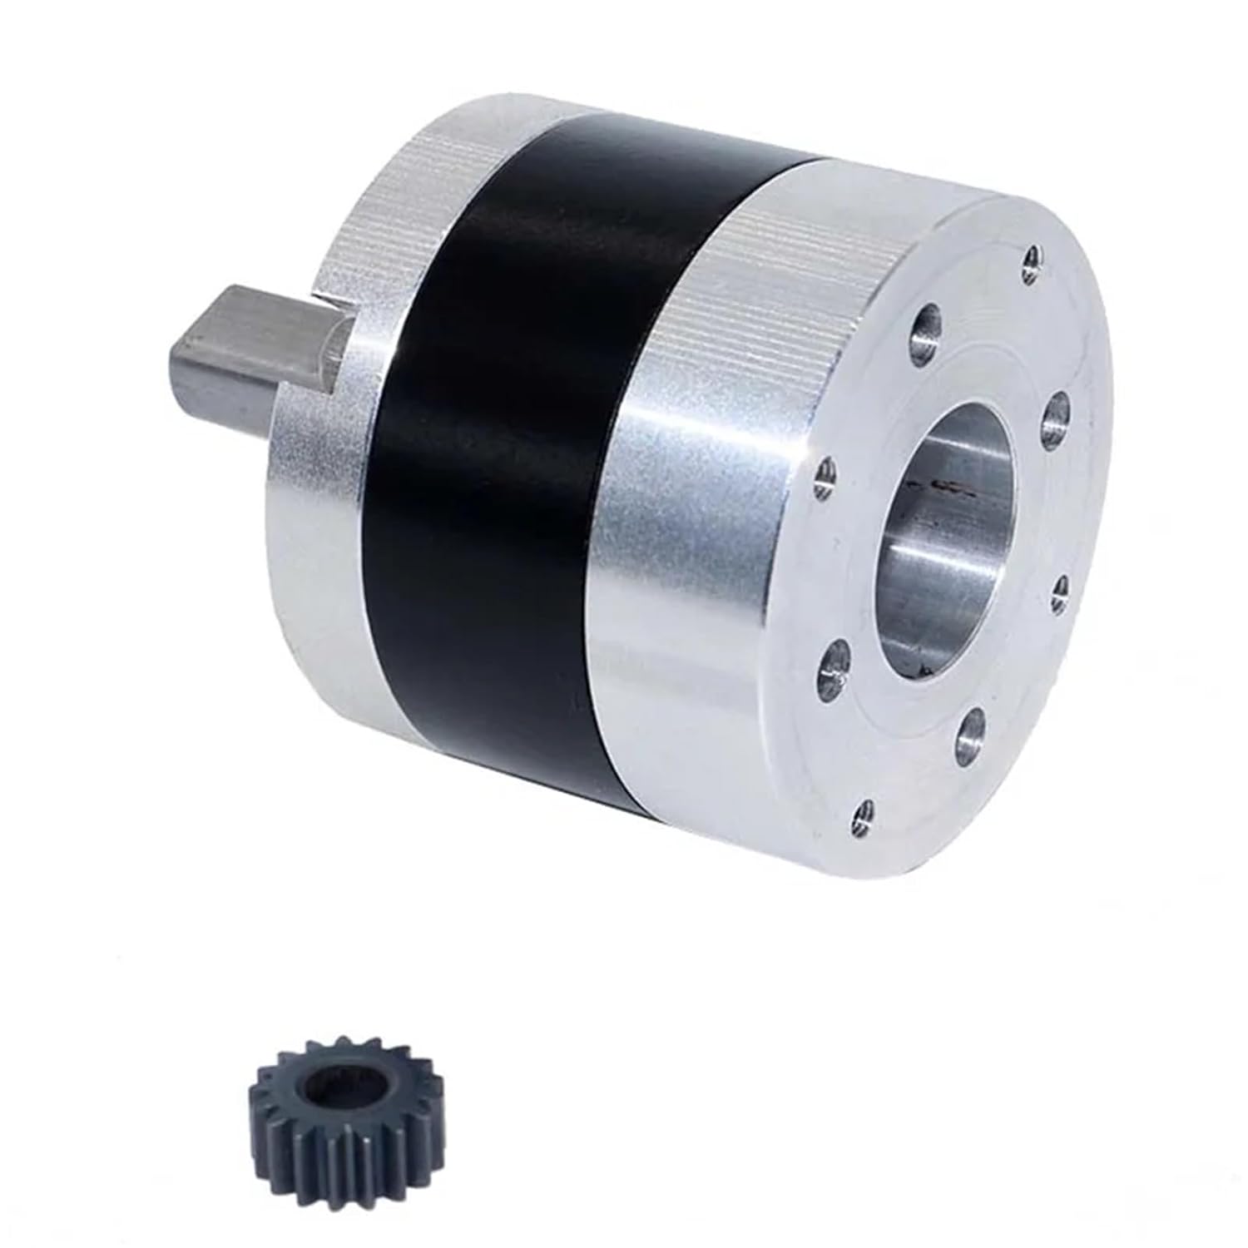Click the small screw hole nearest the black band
tap(824, 477)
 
